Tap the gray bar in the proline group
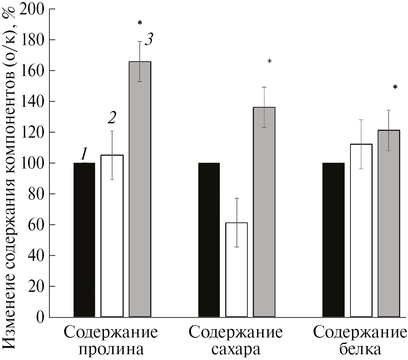coord(140,189)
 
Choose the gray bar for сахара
coord(264,212)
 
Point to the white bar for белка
coord(361,230)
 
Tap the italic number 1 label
coord(84,154)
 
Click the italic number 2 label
coord(112,118)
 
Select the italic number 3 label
coord(149,40)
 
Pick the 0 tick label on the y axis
coord(40,317)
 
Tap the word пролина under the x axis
coord(111,350)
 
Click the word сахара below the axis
coord(236,350)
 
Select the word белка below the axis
coord(360,350)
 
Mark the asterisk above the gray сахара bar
coord(270,62)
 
